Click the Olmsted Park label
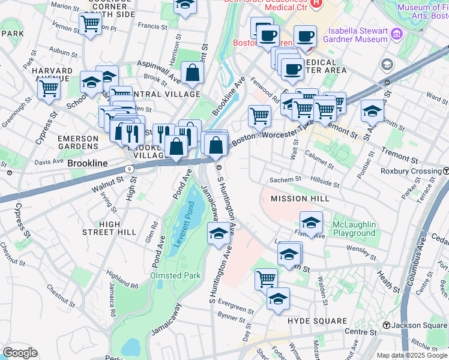[x=175, y=275]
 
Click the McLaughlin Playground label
[x=354, y=229]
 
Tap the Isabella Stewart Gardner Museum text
[x=355, y=35]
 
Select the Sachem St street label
[x=285, y=179]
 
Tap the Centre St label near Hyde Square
[x=360, y=332]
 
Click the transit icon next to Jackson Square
[x=388, y=325]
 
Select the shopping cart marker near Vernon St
[x=90, y=25]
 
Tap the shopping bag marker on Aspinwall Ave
[x=192, y=73]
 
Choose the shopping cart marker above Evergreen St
[x=266, y=278]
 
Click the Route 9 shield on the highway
[x=130, y=169]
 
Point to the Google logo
[x=20, y=353]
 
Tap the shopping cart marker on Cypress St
[x=49, y=89]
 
